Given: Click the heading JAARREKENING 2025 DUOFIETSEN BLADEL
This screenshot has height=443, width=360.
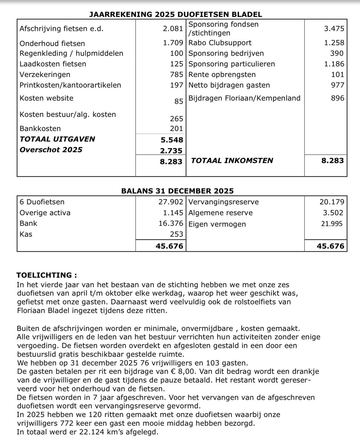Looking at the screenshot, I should coord(176,14).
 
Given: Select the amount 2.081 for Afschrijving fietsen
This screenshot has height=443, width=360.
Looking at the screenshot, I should coord(173,29).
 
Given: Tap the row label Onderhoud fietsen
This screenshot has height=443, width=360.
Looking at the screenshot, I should coord(52,43).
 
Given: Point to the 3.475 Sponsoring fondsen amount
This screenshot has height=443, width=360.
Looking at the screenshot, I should coord(334,29).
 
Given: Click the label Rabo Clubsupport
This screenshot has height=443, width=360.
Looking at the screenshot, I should coord(220,43).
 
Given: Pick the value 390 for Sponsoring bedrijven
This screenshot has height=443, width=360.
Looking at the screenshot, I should coord(337,53).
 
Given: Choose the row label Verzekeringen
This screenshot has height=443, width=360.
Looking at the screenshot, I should coord(45,74).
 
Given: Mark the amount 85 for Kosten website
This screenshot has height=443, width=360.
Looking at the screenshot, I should coord(179,101).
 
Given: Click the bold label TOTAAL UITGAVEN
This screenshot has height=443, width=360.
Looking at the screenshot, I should coord(57,139).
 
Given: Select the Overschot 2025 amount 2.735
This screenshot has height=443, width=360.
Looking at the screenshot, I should coord(171,151).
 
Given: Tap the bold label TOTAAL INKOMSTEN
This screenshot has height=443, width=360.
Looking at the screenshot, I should coord(232,161).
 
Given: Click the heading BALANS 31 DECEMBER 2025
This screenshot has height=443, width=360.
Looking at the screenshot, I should coord(177,191).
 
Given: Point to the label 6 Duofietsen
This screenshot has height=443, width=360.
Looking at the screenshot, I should coord(42,202).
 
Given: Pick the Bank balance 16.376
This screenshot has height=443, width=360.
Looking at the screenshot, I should coord(171,223).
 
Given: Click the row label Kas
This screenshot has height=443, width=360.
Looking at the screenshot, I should coord(26,234).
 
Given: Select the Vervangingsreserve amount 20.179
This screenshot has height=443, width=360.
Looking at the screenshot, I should coord(332,202).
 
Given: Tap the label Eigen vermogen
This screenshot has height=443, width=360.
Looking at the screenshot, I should coord(217,224).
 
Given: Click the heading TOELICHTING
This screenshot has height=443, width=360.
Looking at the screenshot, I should coord(46,275).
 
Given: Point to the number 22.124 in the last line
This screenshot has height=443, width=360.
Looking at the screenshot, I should coord(92,432).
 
